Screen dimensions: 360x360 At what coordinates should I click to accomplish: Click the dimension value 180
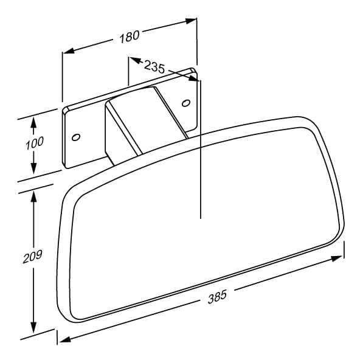pyautogui.click(x=130, y=36)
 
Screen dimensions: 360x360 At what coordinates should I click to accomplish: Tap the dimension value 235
pyautogui.click(x=154, y=66)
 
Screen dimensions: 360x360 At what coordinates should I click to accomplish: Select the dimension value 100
pyautogui.click(x=35, y=143)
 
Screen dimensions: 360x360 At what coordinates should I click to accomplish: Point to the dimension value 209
pyautogui.click(x=33, y=257)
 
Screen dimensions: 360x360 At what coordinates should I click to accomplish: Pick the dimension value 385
pyautogui.click(x=217, y=297)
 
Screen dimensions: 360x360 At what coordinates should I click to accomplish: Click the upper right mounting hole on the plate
pyautogui.click(x=185, y=103)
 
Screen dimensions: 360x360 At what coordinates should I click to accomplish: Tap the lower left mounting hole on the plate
pyautogui.click(x=76, y=137)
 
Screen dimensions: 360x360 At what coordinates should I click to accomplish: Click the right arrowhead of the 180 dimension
pyautogui.click(x=191, y=21)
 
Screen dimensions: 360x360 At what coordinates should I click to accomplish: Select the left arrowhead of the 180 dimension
pyautogui.click(x=69, y=50)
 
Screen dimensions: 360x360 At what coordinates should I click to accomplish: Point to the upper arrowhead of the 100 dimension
pyautogui.click(x=34, y=123)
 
